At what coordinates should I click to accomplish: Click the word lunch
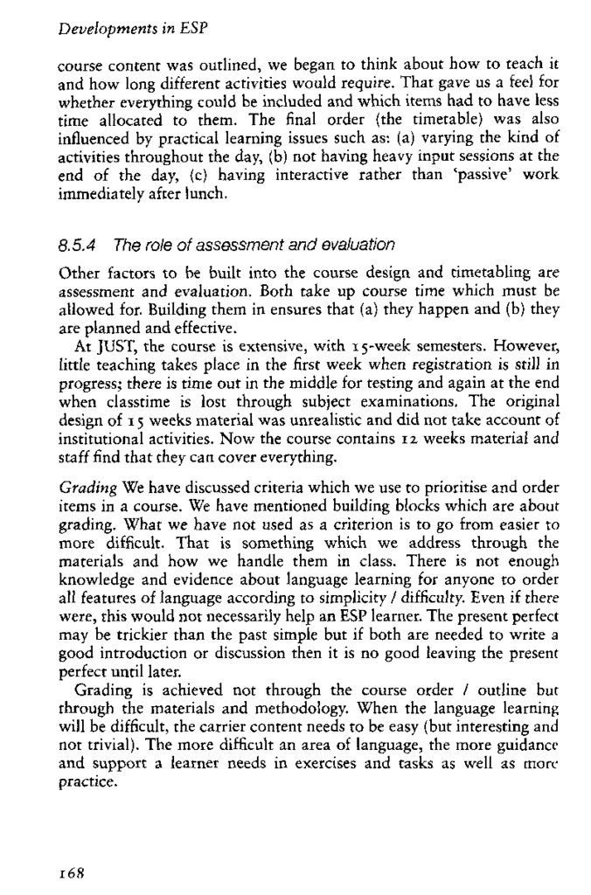(210, 196)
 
